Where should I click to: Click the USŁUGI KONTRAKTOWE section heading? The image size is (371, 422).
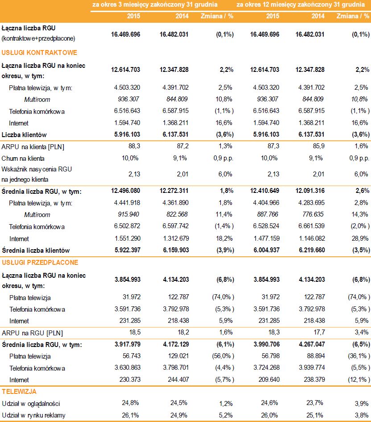pyautogui.click(x=39, y=53)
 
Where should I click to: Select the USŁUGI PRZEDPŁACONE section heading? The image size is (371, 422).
pyautogui.click(x=40, y=262)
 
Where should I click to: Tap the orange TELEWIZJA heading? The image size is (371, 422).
pyautogui.click(x=20, y=392)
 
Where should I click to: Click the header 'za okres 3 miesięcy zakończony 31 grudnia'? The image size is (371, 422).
pyautogui.click(x=155, y=4)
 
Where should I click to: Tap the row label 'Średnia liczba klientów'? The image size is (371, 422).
pyautogui.click(x=35, y=250)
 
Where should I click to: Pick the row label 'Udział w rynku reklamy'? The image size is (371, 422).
pyautogui.click(x=33, y=415)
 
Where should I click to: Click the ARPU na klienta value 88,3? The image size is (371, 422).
pyautogui.click(x=129, y=146)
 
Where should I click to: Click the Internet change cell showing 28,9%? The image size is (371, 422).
pyautogui.click(x=361, y=239)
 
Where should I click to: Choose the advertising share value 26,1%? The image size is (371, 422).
pyautogui.click(x=129, y=415)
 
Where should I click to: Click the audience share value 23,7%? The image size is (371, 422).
pyautogui.click(x=316, y=404)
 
